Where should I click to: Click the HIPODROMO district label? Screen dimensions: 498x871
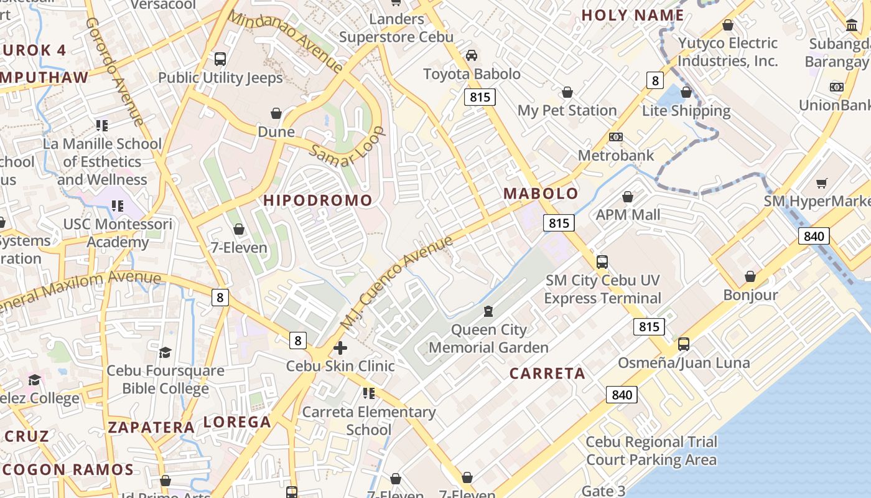click(318, 200)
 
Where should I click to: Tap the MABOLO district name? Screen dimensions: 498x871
click(541, 194)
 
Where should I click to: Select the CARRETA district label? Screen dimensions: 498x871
click(547, 374)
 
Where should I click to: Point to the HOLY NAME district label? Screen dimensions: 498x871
click(633, 16)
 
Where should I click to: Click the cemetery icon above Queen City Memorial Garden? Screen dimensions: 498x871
click(489, 311)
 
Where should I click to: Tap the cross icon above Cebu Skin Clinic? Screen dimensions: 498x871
click(340, 347)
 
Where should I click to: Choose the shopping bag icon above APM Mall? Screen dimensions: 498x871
click(628, 197)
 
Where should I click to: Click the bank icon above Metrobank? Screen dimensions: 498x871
click(616, 137)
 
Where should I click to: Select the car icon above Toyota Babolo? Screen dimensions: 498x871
click(472, 55)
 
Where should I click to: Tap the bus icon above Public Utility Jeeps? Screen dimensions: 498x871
click(220, 59)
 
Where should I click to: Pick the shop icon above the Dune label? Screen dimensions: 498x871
click(276, 113)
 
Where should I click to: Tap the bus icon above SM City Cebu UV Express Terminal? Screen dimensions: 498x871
click(602, 261)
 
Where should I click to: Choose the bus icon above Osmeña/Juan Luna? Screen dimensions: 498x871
click(683, 344)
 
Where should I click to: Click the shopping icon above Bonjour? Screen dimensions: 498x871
click(750, 276)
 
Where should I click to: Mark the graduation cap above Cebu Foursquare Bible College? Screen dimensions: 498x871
click(165, 353)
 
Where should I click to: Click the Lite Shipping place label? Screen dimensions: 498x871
click(686, 111)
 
